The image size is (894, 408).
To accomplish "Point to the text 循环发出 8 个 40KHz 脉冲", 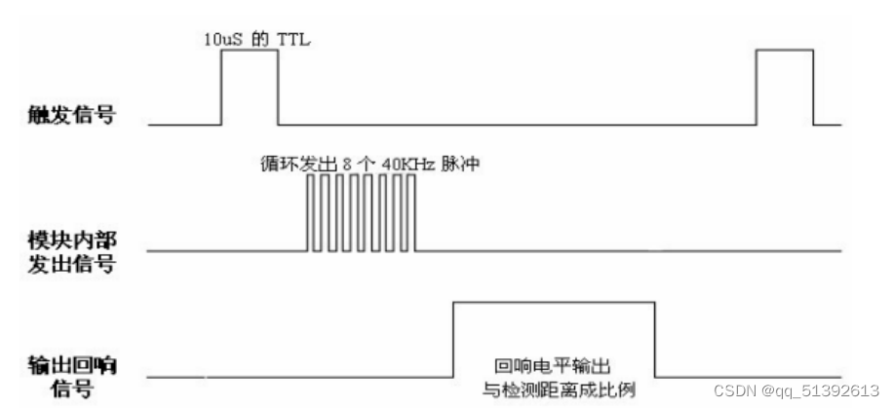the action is tap(364, 166).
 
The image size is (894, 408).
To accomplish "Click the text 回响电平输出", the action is tap(553, 368).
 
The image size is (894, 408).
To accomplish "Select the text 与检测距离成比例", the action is tap(553, 388).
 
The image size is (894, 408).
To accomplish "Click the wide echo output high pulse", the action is tap(553, 304).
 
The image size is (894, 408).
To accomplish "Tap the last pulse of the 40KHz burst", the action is tap(412, 214).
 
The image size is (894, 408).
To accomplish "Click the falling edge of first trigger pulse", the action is tap(278, 88).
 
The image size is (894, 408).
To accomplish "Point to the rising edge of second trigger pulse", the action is tap(758, 88).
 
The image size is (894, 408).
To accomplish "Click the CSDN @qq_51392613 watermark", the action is tap(797, 391).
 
